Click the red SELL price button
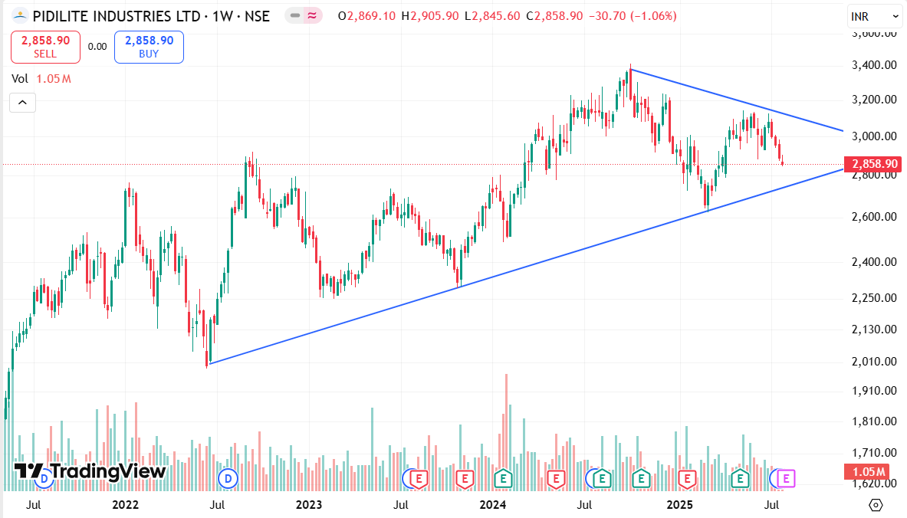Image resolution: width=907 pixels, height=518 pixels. [45, 47]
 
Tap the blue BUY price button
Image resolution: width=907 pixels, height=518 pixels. [149, 47]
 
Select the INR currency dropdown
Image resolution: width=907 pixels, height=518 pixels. [874, 15]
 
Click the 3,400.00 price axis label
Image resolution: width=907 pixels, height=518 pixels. [875, 66]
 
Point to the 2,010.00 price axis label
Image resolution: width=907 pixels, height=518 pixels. [875, 362]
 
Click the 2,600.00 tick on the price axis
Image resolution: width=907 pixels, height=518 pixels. [875, 217]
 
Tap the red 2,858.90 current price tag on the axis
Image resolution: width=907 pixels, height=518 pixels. [870, 164]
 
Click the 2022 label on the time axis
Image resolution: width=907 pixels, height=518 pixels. [125, 505]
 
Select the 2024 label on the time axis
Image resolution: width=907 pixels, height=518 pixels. [493, 505]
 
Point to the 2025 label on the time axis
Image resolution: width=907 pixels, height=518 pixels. [680, 505]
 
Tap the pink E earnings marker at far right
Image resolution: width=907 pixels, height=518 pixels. [786, 479]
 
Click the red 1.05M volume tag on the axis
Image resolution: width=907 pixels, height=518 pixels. [865, 471]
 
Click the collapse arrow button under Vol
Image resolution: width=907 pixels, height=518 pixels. [22, 102]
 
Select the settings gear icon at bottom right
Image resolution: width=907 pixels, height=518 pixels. [876, 505]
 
